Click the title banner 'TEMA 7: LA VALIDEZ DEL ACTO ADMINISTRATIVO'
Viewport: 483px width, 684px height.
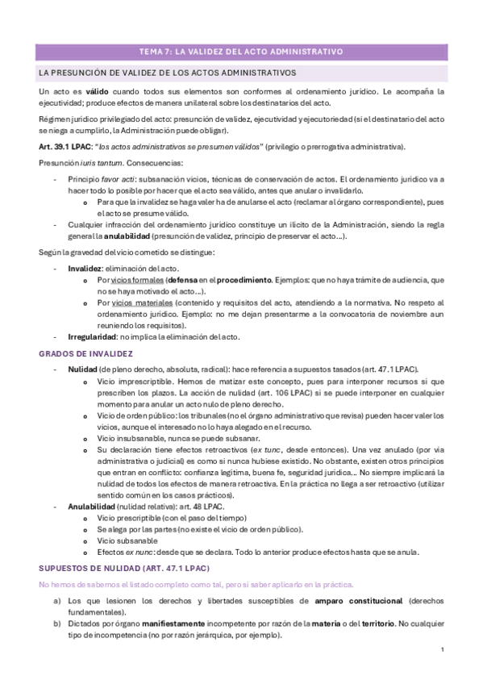(241, 52)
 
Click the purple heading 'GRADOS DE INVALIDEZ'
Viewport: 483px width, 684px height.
(86, 353)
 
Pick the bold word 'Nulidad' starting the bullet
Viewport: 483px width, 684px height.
(83, 369)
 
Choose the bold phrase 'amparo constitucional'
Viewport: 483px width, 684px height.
(360, 601)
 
